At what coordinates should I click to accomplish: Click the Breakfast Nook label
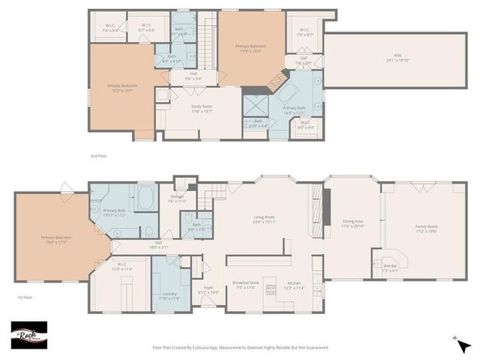point(244,286)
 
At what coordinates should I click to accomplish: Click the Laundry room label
point(169,295)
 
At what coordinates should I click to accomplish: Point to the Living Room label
point(265,219)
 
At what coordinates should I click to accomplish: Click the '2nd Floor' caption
point(99,155)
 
